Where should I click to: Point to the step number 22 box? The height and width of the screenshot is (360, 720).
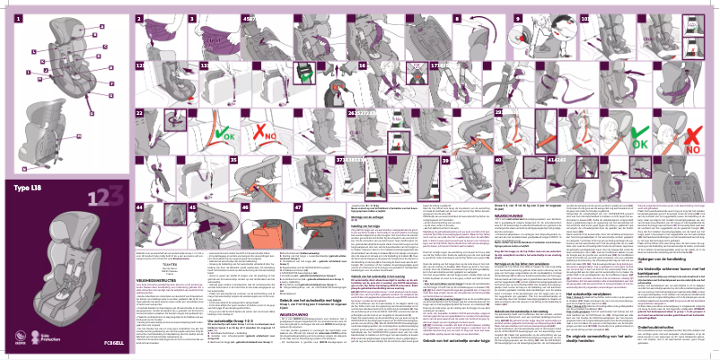(x=140, y=115)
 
